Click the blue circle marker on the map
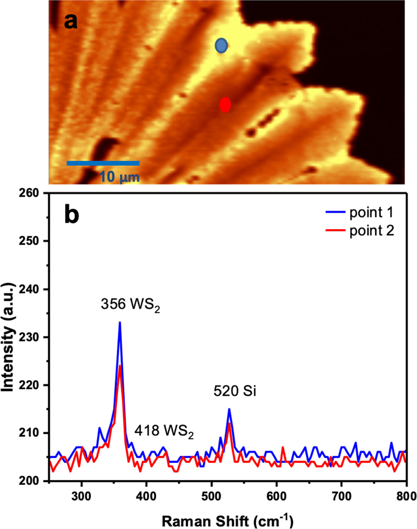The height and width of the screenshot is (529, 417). (x=221, y=45)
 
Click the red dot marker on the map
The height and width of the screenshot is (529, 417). (x=225, y=105)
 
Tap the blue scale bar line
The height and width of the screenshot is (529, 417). (x=103, y=163)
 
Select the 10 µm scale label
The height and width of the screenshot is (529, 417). (x=119, y=177)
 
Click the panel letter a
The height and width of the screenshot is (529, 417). (x=71, y=21)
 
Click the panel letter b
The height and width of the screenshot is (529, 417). (x=72, y=215)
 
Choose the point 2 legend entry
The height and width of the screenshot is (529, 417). (x=360, y=231)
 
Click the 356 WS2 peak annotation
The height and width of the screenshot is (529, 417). (x=130, y=305)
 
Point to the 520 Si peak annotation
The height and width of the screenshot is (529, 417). (x=235, y=391)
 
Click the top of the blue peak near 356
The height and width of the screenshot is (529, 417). (x=120, y=323)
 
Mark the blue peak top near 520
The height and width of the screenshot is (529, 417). (x=229, y=409)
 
